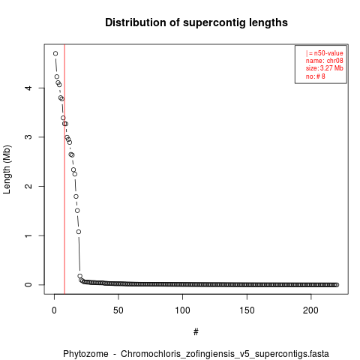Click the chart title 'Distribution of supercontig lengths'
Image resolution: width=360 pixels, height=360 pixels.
tap(196, 22)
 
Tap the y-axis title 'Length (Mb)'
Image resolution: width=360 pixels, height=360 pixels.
tap(7, 169)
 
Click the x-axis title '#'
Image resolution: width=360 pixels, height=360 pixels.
tap(196, 332)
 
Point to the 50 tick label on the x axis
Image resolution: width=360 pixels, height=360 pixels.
tap(118, 310)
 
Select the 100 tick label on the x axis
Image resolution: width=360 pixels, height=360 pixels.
tap(182, 310)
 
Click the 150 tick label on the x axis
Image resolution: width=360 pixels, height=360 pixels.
tap(247, 310)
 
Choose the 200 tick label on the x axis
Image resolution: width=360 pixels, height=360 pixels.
tap(310, 310)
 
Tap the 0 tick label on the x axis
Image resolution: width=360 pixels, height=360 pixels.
tap(54, 310)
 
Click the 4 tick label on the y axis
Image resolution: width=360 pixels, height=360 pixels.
tap(28, 88)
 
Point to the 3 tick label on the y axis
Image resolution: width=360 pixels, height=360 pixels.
tap(28, 137)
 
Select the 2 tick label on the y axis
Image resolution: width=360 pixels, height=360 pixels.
tap(28, 186)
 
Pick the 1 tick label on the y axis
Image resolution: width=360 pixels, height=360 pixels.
tap(28, 235)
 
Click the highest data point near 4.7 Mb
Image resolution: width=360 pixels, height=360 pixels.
tap(55, 53)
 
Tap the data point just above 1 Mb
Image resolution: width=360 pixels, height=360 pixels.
tap(79, 232)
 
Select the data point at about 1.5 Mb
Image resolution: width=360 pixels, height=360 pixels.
tap(77, 211)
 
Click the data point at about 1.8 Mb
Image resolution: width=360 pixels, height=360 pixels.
tap(76, 196)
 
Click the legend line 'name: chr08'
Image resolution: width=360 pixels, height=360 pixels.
tap(324, 61)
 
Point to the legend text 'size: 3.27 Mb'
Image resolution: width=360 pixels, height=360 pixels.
tap(324, 68)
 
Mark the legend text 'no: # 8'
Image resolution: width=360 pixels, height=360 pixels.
tap(315, 76)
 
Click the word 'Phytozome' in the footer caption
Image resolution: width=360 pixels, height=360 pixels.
tap(85, 354)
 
